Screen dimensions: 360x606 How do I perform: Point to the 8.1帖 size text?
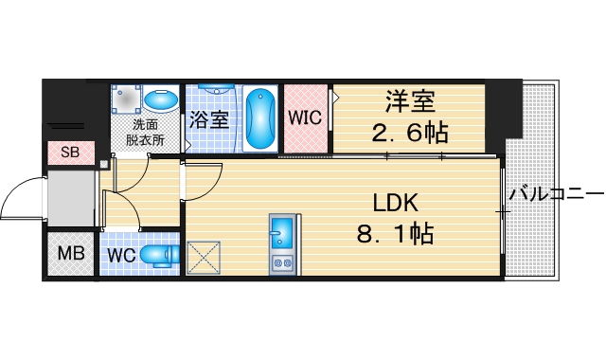tap(395, 232)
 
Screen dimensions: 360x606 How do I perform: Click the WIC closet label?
tap(306, 118)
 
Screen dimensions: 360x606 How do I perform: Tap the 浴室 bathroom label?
tap(208, 120)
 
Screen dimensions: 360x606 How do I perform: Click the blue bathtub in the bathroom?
tap(260, 119)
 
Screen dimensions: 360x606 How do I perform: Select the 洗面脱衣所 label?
tap(146, 132)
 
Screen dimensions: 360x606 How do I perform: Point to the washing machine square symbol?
tap(128, 99)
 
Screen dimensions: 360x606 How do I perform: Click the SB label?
tap(71, 153)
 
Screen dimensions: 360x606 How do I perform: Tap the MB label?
tap(71, 253)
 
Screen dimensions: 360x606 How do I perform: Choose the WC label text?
tap(120, 255)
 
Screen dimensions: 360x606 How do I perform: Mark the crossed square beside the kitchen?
tap(203, 257)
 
